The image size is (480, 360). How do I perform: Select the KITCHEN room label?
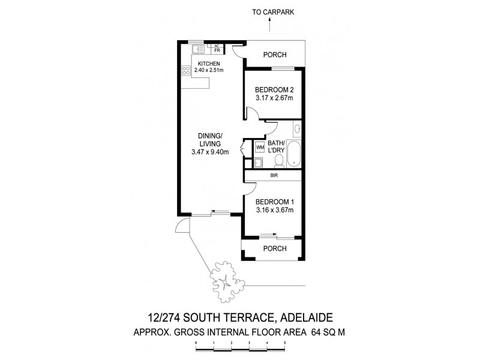(208, 64)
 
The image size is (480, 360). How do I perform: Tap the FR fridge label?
(216, 51)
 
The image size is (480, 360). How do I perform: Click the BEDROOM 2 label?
(273, 90)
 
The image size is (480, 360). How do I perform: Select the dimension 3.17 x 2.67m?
(273, 99)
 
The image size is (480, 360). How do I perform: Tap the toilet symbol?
(278, 161)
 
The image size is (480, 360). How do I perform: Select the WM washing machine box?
(260, 146)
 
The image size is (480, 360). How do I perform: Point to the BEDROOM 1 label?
(273, 202)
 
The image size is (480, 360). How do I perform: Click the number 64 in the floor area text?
(317, 331)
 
